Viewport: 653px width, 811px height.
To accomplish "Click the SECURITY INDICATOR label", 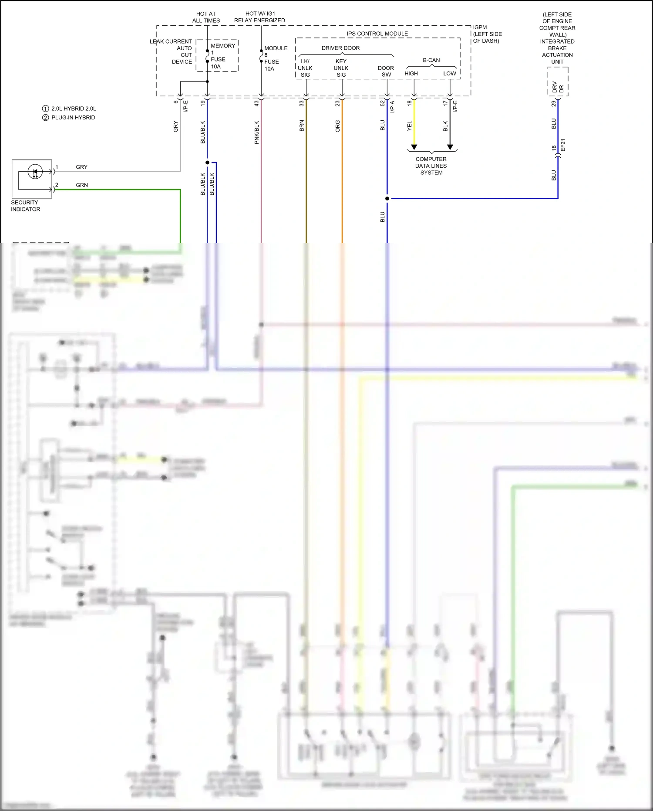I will click(x=25, y=206).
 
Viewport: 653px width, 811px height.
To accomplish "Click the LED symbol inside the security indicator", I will click(x=35, y=172).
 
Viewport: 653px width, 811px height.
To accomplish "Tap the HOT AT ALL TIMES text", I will click(x=206, y=17).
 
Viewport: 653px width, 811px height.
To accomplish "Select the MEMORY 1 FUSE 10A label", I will click(x=222, y=56).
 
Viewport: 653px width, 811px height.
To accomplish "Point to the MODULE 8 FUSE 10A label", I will click(x=275, y=58).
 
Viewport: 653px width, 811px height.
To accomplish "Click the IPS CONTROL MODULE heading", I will click(x=377, y=34).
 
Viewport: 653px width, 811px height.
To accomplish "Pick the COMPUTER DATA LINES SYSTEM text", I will click(x=431, y=166).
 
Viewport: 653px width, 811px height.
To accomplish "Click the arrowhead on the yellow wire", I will click(x=414, y=147).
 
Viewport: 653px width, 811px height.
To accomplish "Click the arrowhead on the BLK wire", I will click(x=450, y=147).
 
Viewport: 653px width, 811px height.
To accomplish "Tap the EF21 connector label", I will click(x=563, y=145).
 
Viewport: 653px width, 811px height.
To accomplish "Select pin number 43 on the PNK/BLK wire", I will click(x=256, y=103).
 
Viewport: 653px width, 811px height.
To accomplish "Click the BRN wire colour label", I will click(x=302, y=126).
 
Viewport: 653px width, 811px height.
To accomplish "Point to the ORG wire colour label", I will click(x=337, y=126).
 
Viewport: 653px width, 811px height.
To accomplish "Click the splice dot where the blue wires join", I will click(x=387, y=199).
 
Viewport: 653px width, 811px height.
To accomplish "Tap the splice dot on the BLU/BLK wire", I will click(x=207, y=163).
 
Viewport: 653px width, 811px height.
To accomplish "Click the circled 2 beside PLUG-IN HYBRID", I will click(x=45, y=118).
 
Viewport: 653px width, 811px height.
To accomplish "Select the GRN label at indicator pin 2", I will click(x=82, y=185).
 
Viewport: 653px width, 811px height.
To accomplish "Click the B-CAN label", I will click(x=431, y=60).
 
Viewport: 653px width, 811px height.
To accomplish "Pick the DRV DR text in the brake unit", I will click(x=558, y=88).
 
